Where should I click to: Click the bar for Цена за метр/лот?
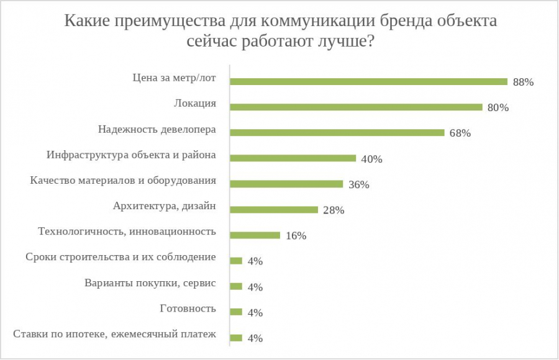(x=369, y=81)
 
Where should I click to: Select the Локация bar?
(x=357, y=107)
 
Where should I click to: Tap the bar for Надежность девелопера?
(x=337, y=132)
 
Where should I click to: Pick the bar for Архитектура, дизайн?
(x=274, y=209)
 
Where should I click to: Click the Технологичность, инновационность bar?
(x=255, y=235)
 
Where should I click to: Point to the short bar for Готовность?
(x=236, y=312)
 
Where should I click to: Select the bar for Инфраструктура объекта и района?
(x=293, y=158)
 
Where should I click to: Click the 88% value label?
(x=523, y=82)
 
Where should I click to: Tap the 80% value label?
(x=498, y=107)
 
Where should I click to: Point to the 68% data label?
(x=460, y=133)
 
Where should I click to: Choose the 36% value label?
(x=358, y=184)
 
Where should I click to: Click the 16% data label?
(x=296, y=236)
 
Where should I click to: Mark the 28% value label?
(x=334, y=210)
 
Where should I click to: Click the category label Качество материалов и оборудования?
(x=123, y=181)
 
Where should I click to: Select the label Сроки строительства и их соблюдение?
(x=120, y=257)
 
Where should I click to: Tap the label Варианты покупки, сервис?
(x=150, y=283)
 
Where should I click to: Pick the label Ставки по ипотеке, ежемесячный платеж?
(x=114, y=335)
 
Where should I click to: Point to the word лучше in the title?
(x=340, y=43)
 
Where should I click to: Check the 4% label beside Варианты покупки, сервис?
(x=255, y=287)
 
